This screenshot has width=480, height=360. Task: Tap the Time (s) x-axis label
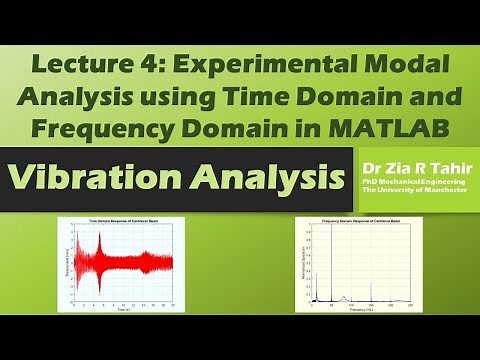pos(117,311)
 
